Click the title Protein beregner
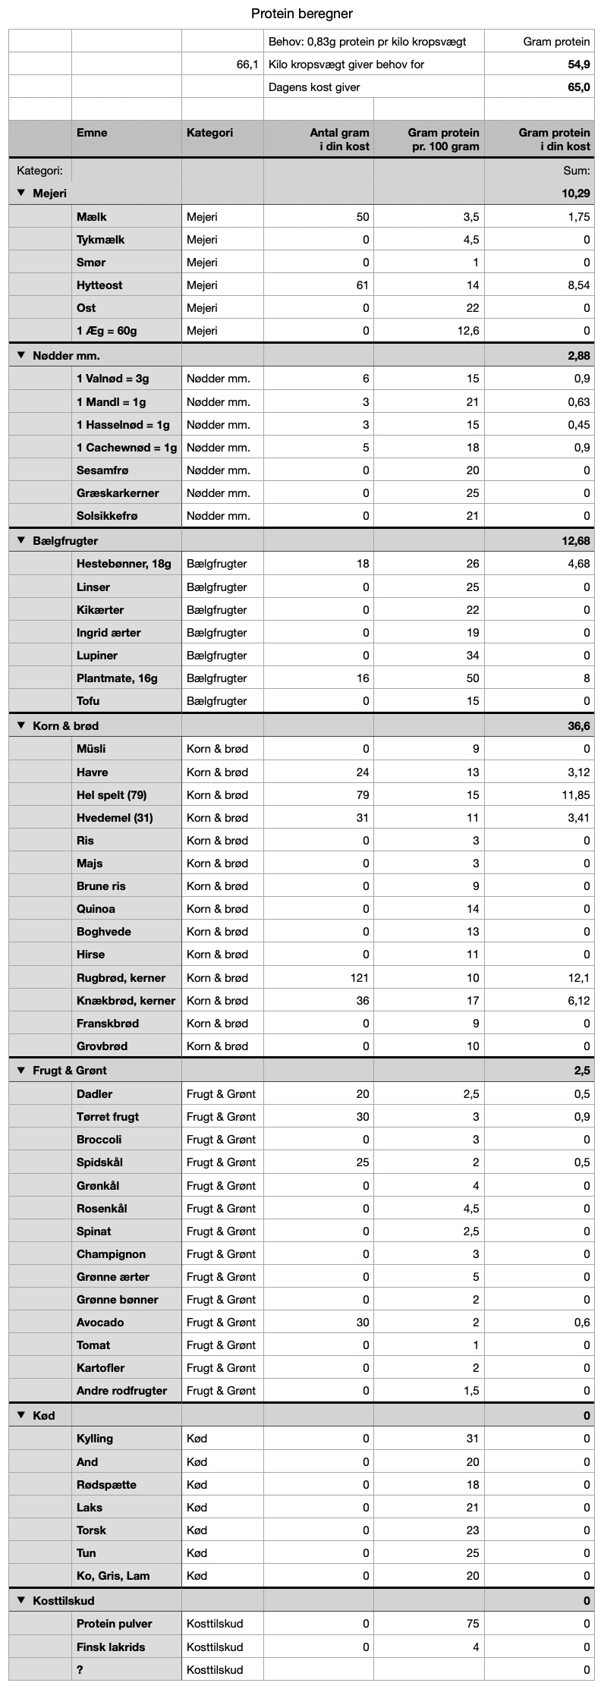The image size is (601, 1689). [301, 14]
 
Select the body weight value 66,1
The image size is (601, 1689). [247, 64]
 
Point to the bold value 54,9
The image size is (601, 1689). [579, 64]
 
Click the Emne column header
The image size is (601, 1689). [92, 133]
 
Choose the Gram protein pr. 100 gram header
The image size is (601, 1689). [443, 140]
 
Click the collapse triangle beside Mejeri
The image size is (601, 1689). [21, 193]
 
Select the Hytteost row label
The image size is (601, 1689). [99, 285]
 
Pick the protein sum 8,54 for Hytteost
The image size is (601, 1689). [577, 285]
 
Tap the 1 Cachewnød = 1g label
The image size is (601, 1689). [126, 448]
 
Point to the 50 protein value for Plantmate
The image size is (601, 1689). [472, 678]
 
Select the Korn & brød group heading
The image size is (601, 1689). [65, 726]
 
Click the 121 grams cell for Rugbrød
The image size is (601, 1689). [359, 978]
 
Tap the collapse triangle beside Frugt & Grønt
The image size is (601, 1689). [21, 1071]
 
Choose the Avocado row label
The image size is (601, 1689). [100, 1322]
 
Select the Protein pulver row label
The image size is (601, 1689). [114, 1624]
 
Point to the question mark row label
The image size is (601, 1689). [80, 1669]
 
